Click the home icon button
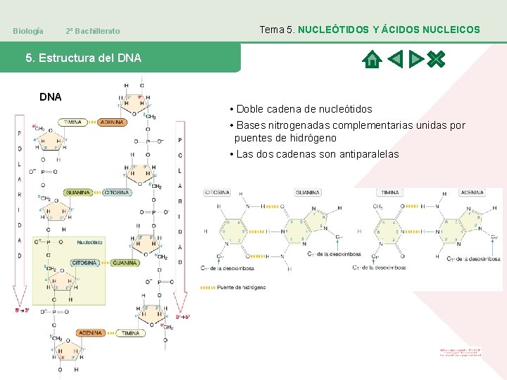[371, 60]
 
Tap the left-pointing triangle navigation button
[395, 60]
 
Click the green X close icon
[437, 60]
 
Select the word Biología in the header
[28, 31]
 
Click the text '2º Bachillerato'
[92, 31]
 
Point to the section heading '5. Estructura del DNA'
[83, 58]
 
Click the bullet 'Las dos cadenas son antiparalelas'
[314, 154]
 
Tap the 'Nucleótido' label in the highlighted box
[90, 242]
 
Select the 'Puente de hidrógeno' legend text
[242, 287]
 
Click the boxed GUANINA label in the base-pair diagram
[308, 192]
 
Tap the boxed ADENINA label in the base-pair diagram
[472, 192]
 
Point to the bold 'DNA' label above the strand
[50, 96]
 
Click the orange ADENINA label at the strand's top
[112, 122]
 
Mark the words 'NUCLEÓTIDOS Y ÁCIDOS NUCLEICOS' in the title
[389, 30]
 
